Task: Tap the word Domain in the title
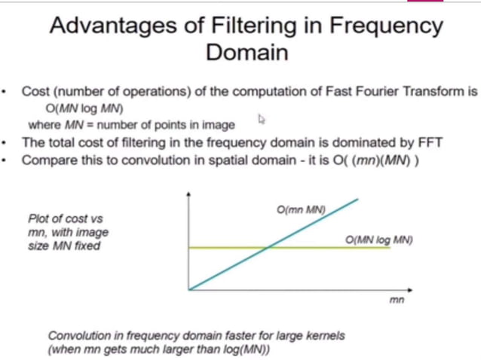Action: (x=246, y=53)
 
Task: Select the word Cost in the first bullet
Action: (x=35, y=92)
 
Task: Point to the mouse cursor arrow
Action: (x=262, y=118)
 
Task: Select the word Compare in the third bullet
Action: (x=47, y=160)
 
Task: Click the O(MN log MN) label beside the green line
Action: (x=379, y=239)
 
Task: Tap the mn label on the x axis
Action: (x=397, y=300)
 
